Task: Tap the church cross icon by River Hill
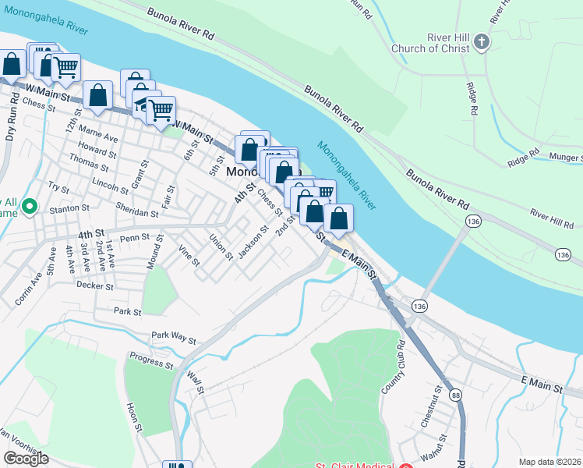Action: pyautogui.click(x=482, y=41)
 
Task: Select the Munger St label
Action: pyautogui.click(x=565, y=158)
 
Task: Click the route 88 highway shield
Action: pyautogui.click(x=455, y=395)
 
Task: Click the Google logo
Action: pyautogui.click(x=26, y=459)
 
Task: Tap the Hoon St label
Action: pyautogui.click(x=133, y=417)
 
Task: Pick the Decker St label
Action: pyautogui.click(x=95, y=286)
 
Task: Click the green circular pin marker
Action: pyautogui.click(x=30, y=207)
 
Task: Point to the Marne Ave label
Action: pyautogui.click(x=101, y=137)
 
